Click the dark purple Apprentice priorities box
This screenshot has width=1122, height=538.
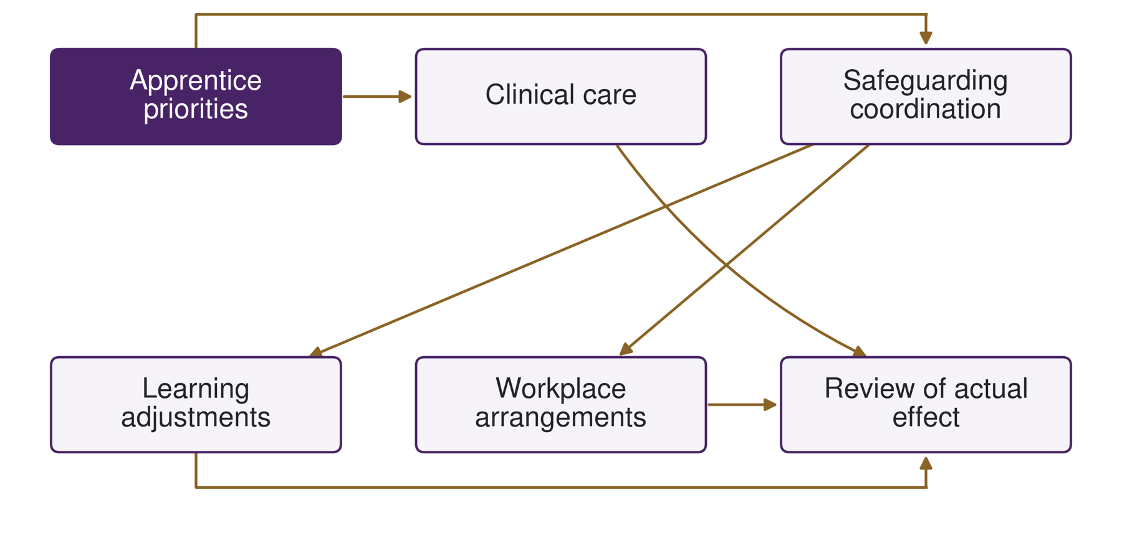(x=196, y=97)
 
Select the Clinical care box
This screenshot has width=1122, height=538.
(x=561, y=97)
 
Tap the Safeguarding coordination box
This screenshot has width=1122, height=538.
(x=926, y=97)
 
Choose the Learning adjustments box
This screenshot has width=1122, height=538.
(x=196, y=405)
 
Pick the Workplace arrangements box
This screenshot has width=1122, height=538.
(x=561, y=405)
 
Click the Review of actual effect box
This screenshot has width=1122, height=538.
(x=926, y=405)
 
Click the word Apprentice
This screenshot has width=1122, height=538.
(x=196, y=81)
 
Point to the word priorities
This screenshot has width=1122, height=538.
(x=196, y=110)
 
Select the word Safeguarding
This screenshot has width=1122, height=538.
(x=926, y=81)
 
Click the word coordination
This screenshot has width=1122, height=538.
(x=926, y=109)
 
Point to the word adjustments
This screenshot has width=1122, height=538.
(x=196, y=418)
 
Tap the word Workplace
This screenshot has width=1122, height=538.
(x=561, y=389)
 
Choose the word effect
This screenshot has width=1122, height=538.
(x=926, y=417)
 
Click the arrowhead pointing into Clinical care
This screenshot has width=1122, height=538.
(x=405, y=97)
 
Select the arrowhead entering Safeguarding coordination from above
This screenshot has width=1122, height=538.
(x=926, y=38)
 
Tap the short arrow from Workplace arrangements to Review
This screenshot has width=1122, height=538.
(x=742, y=405)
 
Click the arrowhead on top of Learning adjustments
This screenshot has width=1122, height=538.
(x=316, y=352)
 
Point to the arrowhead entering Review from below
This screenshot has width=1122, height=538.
(x=926, y=463)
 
